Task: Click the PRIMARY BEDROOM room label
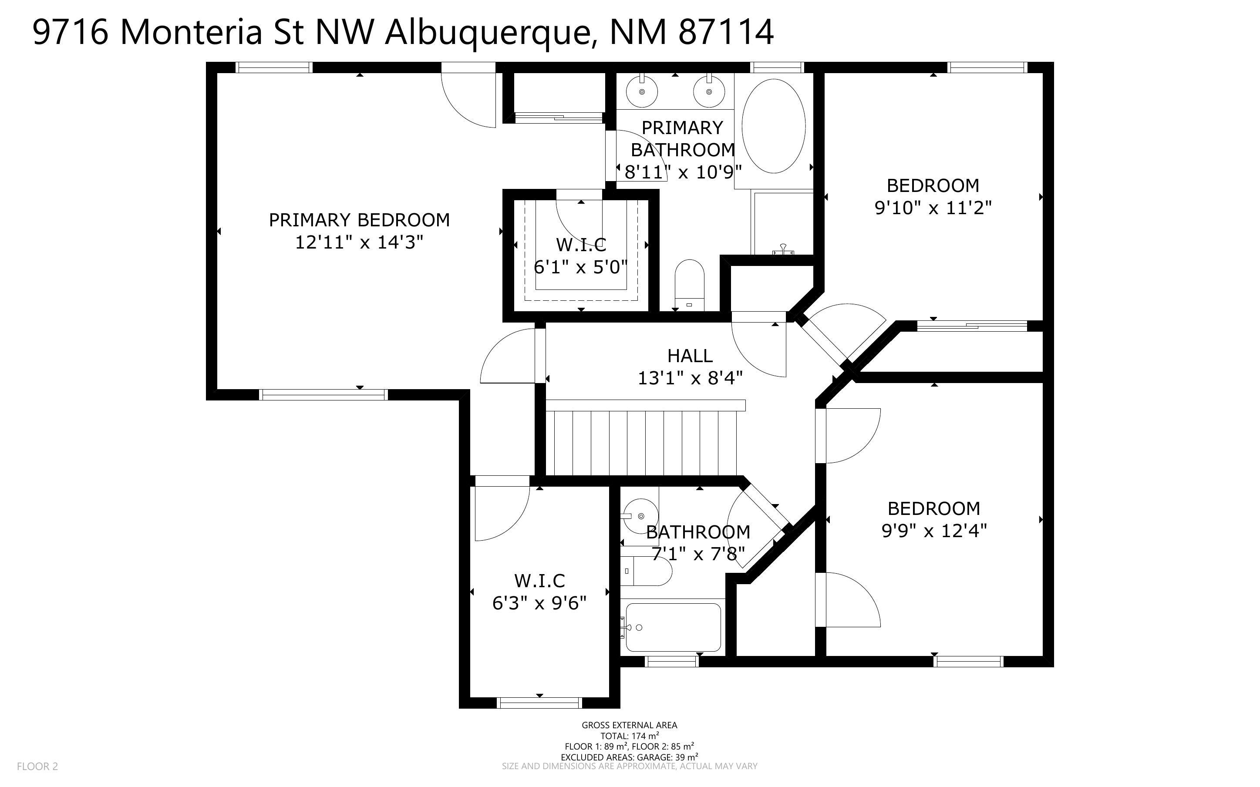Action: (359, 220)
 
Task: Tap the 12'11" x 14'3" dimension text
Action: (359, 242)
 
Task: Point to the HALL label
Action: (690, 356)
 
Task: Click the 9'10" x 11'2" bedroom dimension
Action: (933, 208)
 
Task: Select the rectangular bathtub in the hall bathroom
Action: (674, 627)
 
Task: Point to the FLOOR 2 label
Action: (37, 766)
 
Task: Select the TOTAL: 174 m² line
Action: (630, 736)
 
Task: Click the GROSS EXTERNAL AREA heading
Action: (630, 725)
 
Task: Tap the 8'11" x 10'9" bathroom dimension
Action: (683, 172)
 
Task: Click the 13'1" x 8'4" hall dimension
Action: (690, 378)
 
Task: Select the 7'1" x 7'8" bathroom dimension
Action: (698, 554)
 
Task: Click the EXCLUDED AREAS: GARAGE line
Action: (630, 757)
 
